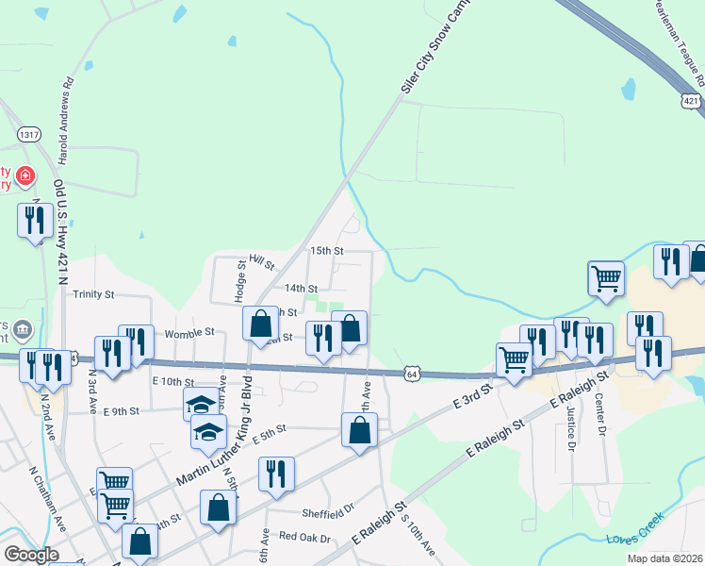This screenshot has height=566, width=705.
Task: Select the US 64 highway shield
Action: pos(412,375)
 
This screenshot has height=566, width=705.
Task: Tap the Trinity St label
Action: pos(93,294)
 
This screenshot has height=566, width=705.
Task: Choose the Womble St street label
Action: pos(189,333)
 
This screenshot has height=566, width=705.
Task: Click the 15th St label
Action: pos(326,251)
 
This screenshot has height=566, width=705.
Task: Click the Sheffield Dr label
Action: pos(327,514)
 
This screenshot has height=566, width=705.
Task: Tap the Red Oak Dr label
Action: pos(304,538)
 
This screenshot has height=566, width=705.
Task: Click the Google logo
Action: pos(31,555)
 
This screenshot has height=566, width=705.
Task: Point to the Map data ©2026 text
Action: pos(664,558)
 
